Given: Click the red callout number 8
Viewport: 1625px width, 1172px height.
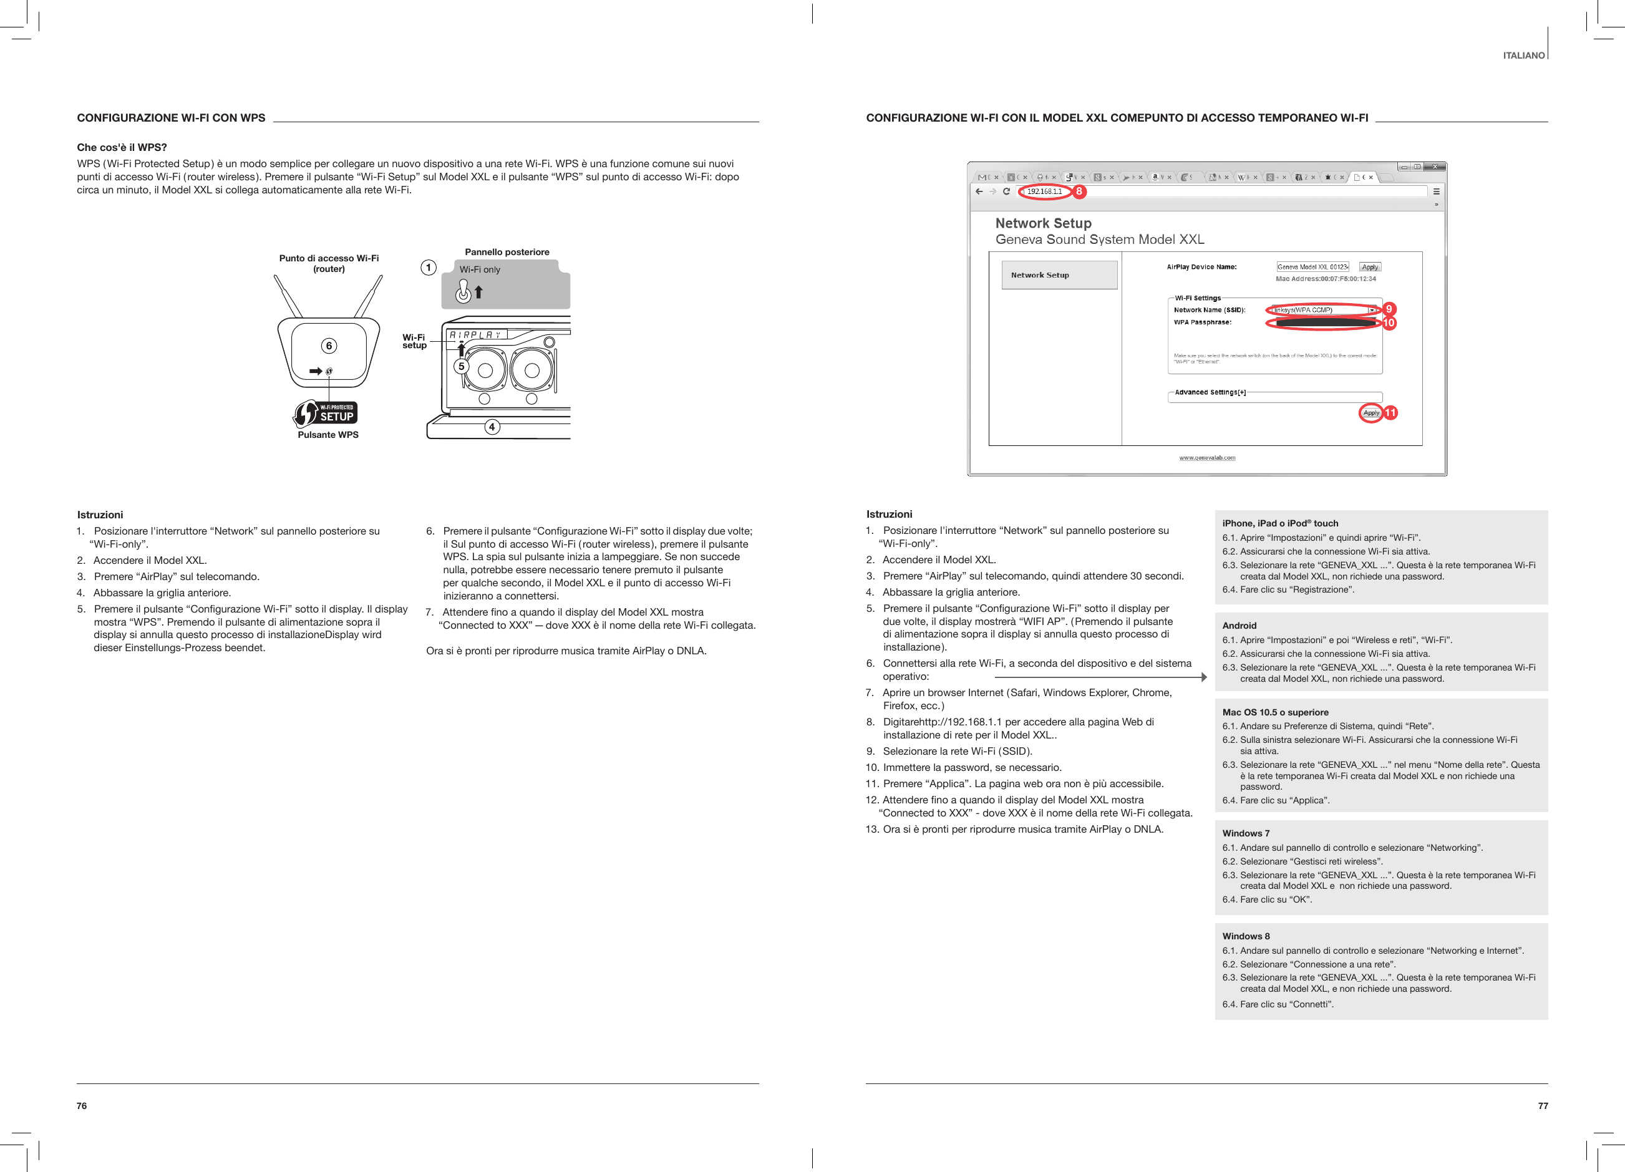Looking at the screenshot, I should pyautogui.click(x=1079, y=191).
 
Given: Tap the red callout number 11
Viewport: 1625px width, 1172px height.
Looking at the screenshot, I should pyautogui.click(x=1390, y=413).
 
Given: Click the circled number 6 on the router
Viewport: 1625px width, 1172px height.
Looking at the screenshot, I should pyautogui.click(x=329, y=346).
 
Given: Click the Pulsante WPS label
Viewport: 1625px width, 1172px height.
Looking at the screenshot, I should pyautogui.click(x=328, y=435).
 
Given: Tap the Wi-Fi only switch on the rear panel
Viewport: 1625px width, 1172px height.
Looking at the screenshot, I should pyautogui.click(x=464, y=291).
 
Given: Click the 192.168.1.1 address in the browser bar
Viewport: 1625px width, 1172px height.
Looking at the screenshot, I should pyautogui.click(x=1044, y=191).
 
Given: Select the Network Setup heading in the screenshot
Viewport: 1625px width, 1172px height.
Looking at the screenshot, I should pyautogui.click(x=1043, y=223).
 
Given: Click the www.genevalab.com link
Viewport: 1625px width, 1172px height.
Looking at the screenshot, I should pyautogui.click(x=1207, y=458).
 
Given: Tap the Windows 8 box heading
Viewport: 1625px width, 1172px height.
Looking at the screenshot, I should pyautogui.click(x=1246, y=936).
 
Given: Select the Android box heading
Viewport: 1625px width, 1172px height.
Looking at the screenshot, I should pyautogui.click(x=1239, y=626).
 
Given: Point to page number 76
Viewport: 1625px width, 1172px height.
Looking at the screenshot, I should pyautogui.click(x=82, y=1105).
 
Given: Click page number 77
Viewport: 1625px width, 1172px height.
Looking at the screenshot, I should pyautogui.click(x=1543, y=1105).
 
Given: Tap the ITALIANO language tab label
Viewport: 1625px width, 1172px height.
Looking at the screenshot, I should pyautogui.click(x=1523, y=55).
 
